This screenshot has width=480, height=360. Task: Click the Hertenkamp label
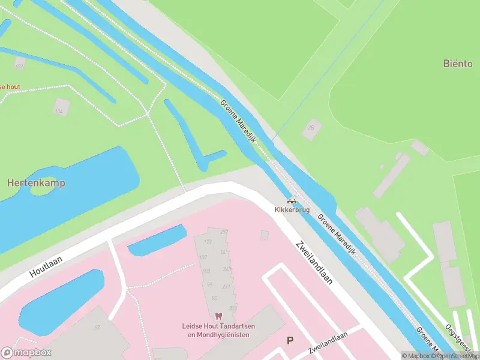[36, 182]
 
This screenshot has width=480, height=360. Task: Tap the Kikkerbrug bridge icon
[292, 201]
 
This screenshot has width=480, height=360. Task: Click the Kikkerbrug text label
[292, 210]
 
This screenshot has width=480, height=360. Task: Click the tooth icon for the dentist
[218, 316]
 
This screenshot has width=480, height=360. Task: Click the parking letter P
[290, 341]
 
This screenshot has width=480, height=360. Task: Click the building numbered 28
[311, 128]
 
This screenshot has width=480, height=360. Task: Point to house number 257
[224, 232]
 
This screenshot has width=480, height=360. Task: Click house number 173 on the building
[208, 242]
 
